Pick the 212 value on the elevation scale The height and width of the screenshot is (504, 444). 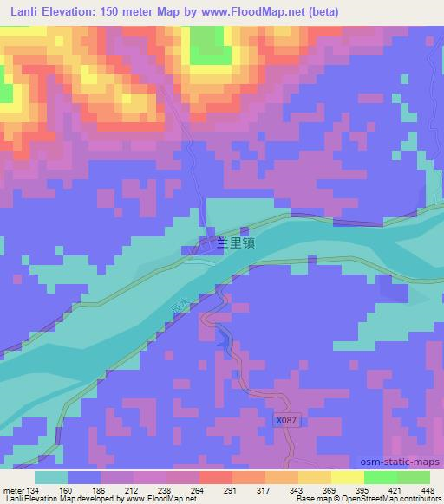point(132,489)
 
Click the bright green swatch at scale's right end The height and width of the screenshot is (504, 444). point(414,477)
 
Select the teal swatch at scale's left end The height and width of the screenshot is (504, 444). point(50,477)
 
